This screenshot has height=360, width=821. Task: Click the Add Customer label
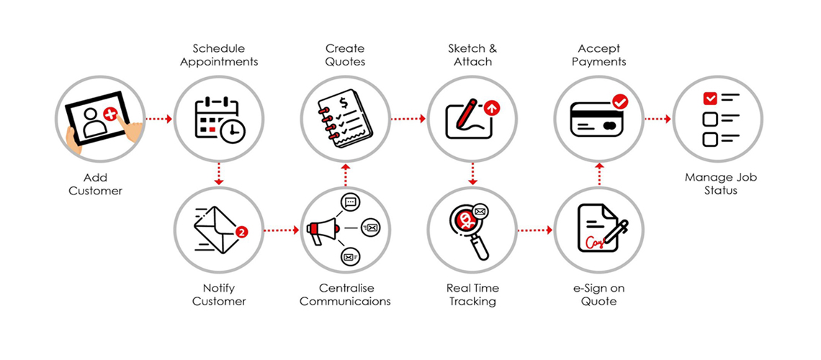pyautogui.click(x=96, y=185)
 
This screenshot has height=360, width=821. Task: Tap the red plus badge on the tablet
pyautogui.click(x=110, y=114)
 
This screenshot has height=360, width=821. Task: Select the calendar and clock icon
pyautogui.click(x=219, y=119)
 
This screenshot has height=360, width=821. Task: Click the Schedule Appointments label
pyautogui.click(x=219, y=55)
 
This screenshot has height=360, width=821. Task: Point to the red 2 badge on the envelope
pyautogui.click(x=241, y=232)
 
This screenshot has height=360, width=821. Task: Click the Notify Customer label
pyautogui.click(x=219, y=294)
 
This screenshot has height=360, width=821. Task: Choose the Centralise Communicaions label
pyautogui.click(x=345, y=294)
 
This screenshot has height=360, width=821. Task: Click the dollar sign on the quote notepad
pyautogui.click(x=344, y=102)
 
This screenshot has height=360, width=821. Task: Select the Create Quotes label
pyautogui.click(x=345, y=55)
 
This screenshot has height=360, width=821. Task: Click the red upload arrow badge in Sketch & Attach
pyautogui.click(x=492, y=108)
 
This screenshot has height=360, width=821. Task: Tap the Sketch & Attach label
pyautogui.click(x=472, y=55)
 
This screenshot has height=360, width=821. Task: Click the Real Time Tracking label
pyautogui.click(x=472, y=294)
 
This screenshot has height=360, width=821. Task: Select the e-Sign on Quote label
pyautogui.click(x=599, y=294)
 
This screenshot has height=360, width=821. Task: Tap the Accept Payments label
pyautogui.click(x=599, y=55)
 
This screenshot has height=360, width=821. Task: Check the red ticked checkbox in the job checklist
pyautogui.click(x=710, y=98)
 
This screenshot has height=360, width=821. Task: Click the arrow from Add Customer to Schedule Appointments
pyautogui.click(x=158, y=119)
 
